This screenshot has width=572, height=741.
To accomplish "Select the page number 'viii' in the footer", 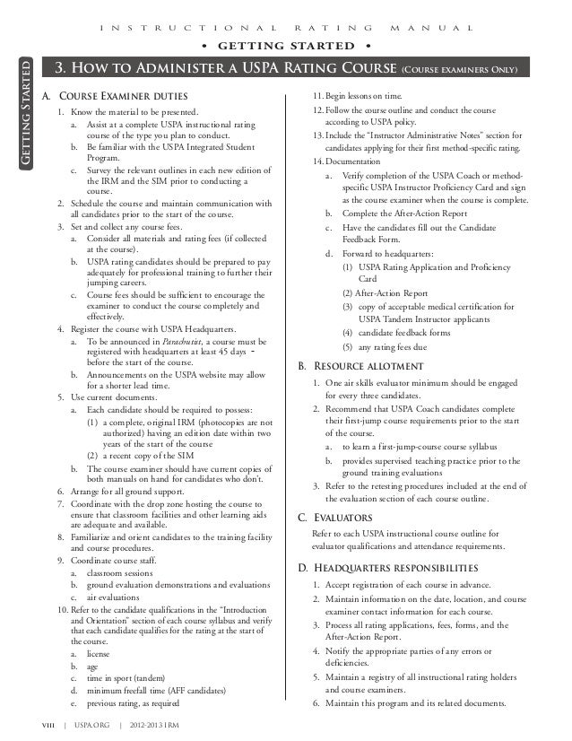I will click(39, 725).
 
